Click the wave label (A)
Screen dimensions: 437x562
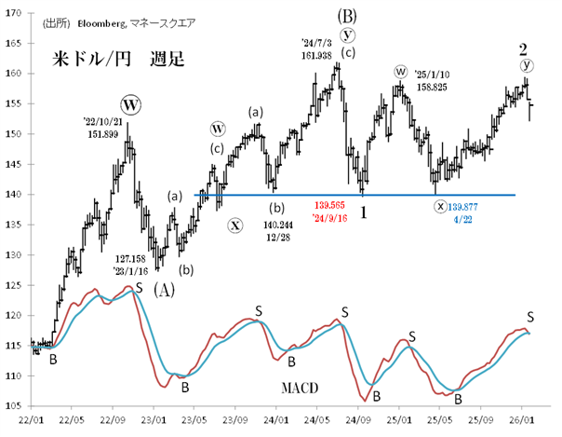coord(163,288)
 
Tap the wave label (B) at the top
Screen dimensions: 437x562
coord(347,15)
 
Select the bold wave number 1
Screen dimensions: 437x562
coord(365,212)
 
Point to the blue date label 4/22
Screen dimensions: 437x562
coord(459,216)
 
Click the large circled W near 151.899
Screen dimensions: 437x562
coord(131,103)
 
